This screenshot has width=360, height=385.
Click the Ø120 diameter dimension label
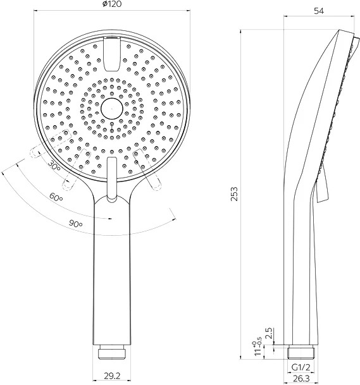[112, 4]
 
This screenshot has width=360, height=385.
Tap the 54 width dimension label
[319, 11]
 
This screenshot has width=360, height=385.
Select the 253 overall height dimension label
[234, 194]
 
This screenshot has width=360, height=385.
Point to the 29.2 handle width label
[111, 376]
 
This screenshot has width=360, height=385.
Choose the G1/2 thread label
[301, 367]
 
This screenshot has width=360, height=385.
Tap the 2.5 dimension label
[270, 333]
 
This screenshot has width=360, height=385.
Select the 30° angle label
[54, 165]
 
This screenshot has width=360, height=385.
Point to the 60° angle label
[56, 197]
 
